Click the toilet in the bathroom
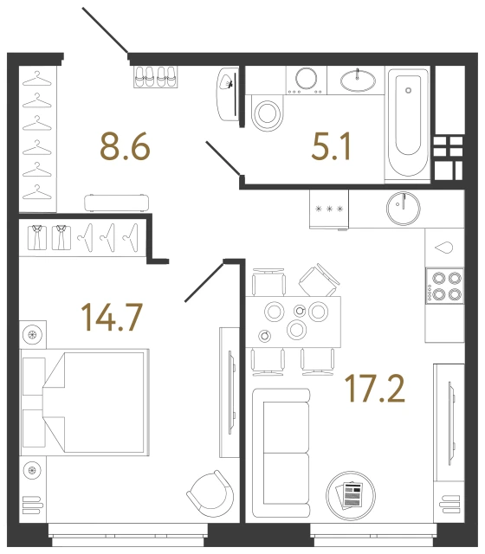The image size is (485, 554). (268, 113)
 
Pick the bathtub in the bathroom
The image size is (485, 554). (407, 124)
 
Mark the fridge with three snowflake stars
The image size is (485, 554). (330, 209)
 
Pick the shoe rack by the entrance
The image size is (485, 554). (157, 76)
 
